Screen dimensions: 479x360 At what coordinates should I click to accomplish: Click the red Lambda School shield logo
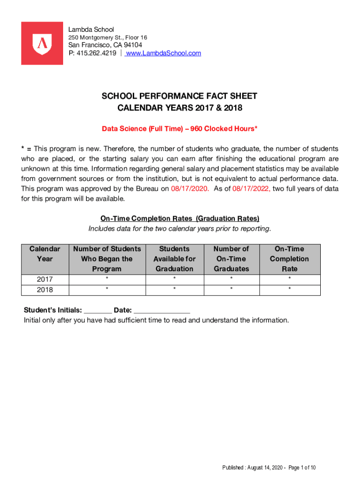tap(42, 43)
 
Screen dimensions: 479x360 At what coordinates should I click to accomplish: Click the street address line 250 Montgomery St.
tap(108, 37)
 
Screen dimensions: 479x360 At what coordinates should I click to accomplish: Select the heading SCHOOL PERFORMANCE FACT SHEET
tap(180, 96)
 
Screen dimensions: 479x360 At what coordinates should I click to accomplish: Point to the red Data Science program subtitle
tap(180, 129)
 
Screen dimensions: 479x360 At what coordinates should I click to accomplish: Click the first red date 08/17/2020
tap(187, 189)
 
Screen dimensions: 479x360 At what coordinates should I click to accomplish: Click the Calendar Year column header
tap(45, 254)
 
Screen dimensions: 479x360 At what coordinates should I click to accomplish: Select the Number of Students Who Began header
tap(107, 259)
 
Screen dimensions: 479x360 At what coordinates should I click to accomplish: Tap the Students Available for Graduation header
tap(174, 259)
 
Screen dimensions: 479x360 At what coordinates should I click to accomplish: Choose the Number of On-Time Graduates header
tap(231, 259)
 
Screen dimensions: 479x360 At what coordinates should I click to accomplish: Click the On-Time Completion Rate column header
tap(289, 259)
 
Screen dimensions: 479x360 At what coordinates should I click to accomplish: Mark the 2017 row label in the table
tap(45, 280)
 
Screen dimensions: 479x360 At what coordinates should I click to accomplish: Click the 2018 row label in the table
tap(45, 290)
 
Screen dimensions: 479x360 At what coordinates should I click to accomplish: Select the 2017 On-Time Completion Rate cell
tap(289, 280)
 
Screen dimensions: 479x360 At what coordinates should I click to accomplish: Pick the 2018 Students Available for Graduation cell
tap(174, 290)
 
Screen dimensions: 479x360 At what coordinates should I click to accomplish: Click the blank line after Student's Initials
tap(98, 311)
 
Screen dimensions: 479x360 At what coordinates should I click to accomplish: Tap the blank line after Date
tap(162, 311)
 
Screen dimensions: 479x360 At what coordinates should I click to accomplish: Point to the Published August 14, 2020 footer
tap(269, 468)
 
